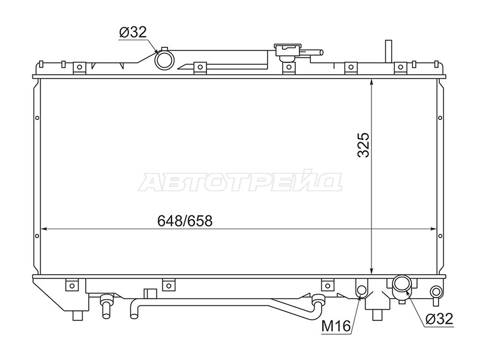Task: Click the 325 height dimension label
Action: tap(364, 145)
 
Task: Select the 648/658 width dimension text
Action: tap(185, 220)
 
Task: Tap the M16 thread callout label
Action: tap(336, 326)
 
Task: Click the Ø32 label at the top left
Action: tap(133, 32)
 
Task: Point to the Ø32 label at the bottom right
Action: tap(439, 319)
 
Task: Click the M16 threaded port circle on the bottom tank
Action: tap(361, 290)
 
